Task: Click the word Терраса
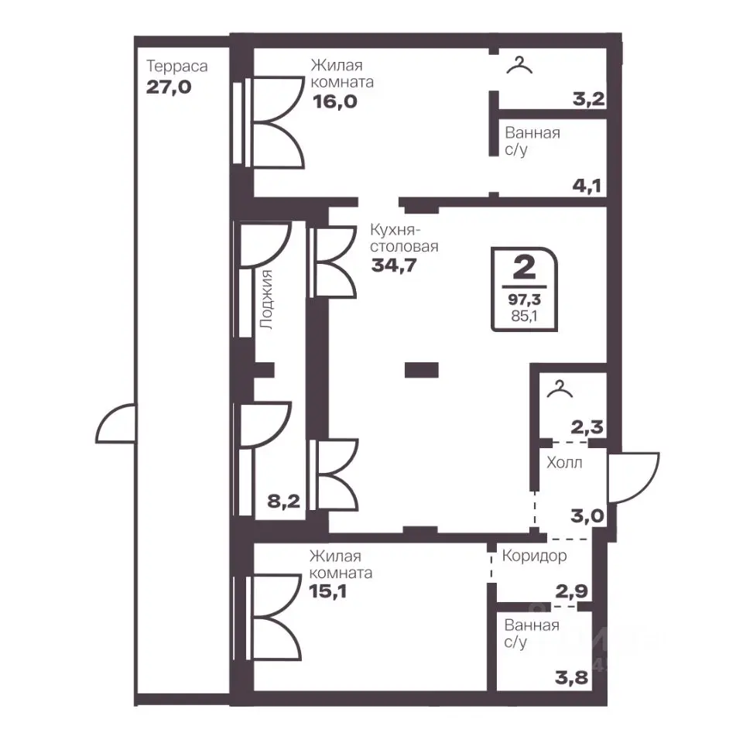click(x=176, y=67)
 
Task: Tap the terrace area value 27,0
click(x=169, y=87)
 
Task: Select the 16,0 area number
click(x=335, y=101)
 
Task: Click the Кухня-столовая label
click(x=404, y=238)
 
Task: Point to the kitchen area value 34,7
click(x=394, y=265)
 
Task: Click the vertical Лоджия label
click(x=267, y=300)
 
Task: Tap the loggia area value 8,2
click(x=284, y=501)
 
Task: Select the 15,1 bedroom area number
click(x=327, y=591)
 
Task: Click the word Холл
click(x=564, y=463)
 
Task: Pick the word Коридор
click(x=534, y=556)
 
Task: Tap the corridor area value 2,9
click(x=571, y=591)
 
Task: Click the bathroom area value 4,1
click(x=587, y=186)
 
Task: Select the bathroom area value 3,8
click(x=571, y=678)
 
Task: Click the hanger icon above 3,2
click(x=519, y=65)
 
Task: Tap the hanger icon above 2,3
click(x=560, y=389)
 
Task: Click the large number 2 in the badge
click(x=524, y=268)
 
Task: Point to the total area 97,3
click(x=524, y=300)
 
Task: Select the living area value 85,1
click(x=524, y=316)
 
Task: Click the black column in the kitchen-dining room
click(x=421, y=370)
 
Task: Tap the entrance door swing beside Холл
click(x=634, y=478)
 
